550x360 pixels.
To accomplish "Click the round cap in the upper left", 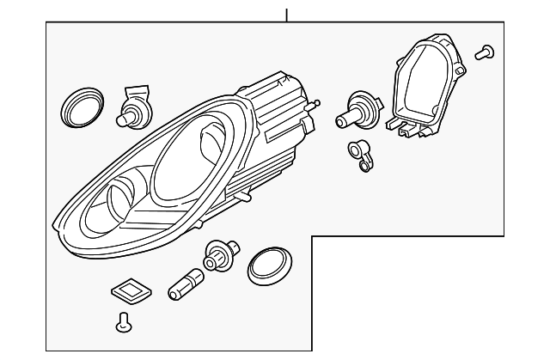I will (81, 107).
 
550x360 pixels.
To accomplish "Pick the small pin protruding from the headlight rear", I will (319, 104).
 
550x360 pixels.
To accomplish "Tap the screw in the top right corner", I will (486, 52).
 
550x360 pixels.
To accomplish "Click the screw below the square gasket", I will (123, 324).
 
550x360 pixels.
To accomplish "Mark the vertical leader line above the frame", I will (286, 15).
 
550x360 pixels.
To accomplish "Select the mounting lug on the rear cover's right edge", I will (461, 66).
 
